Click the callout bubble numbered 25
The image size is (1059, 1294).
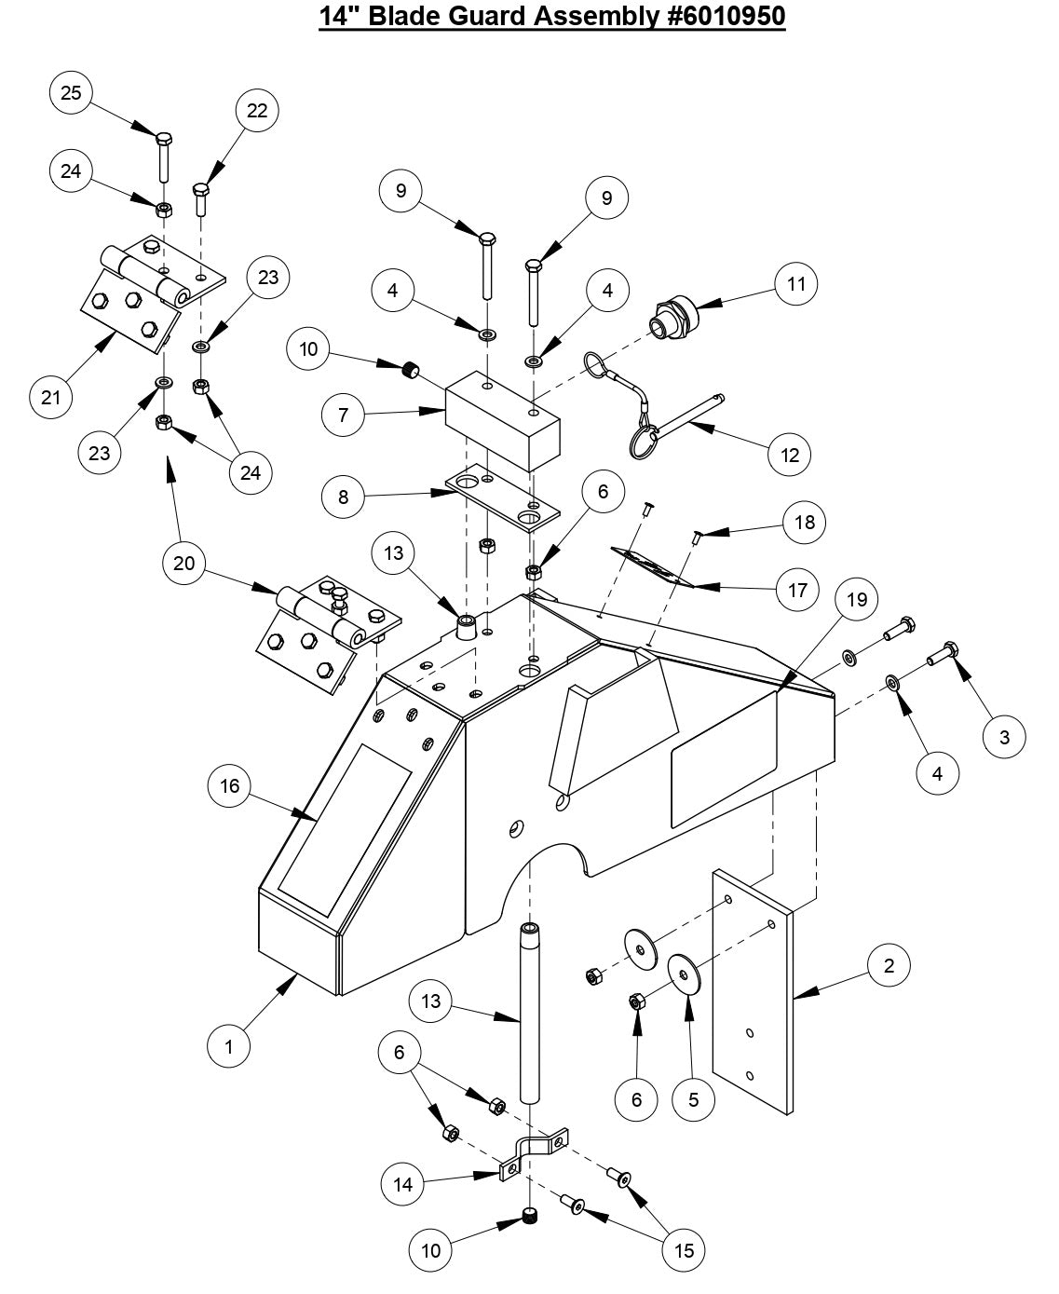[x=72, y=92]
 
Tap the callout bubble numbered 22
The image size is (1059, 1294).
[x=257, y=111]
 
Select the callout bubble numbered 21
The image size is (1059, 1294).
[x=51, y=398]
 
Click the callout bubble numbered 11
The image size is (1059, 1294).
[x=795, y=283]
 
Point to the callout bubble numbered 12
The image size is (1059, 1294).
[x=790, y=455]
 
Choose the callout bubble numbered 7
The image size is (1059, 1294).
[x=344, y=415]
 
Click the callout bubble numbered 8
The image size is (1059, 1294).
[x=344, y=497]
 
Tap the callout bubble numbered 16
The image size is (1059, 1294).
[x=229, y=786]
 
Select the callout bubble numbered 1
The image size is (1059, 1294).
[x=229, y=1046]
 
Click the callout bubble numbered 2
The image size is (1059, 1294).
[x=889, y=966]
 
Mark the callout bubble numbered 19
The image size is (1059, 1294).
[x=857, y=600]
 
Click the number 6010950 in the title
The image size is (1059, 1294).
[x=726, y=17]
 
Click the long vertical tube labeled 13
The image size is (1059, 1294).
[x=529, y=1011]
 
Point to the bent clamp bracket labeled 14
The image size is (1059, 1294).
[x=535, y=1152]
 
